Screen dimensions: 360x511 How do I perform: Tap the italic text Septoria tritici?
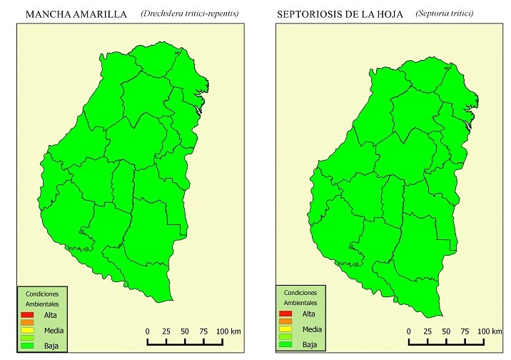pyautogui.click(x=444, y=14)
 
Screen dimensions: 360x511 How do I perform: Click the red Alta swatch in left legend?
pyautogui.click(x=28, y=315)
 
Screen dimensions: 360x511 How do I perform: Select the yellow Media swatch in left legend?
pyautogui.click(x=28, y=330)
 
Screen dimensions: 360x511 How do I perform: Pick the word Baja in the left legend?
pyautogui.click(x=51, y=346)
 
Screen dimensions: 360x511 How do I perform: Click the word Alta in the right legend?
pyautogui.click(x=308, y=314)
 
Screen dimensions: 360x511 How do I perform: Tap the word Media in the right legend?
pyautogui.click(x=311, y=329)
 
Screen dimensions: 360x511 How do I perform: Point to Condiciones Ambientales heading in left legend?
pyautogui.click(x=42, y=299)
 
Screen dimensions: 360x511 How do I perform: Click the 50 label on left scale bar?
pyautogui.click(x=184, y=331)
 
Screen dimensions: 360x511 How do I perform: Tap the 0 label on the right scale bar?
pyautogui.click(x=408, y=331)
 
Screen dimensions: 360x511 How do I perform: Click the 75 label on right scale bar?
pyautogui.click(x=465, y=331)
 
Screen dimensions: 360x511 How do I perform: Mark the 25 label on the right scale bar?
pyautogui.click(x=427, y=331)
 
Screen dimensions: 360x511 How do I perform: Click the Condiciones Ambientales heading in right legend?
pyautogui.click(x=300, y=298)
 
